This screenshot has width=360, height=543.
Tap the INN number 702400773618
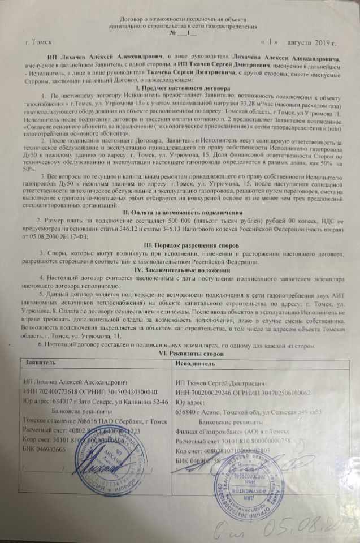point(63,392)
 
